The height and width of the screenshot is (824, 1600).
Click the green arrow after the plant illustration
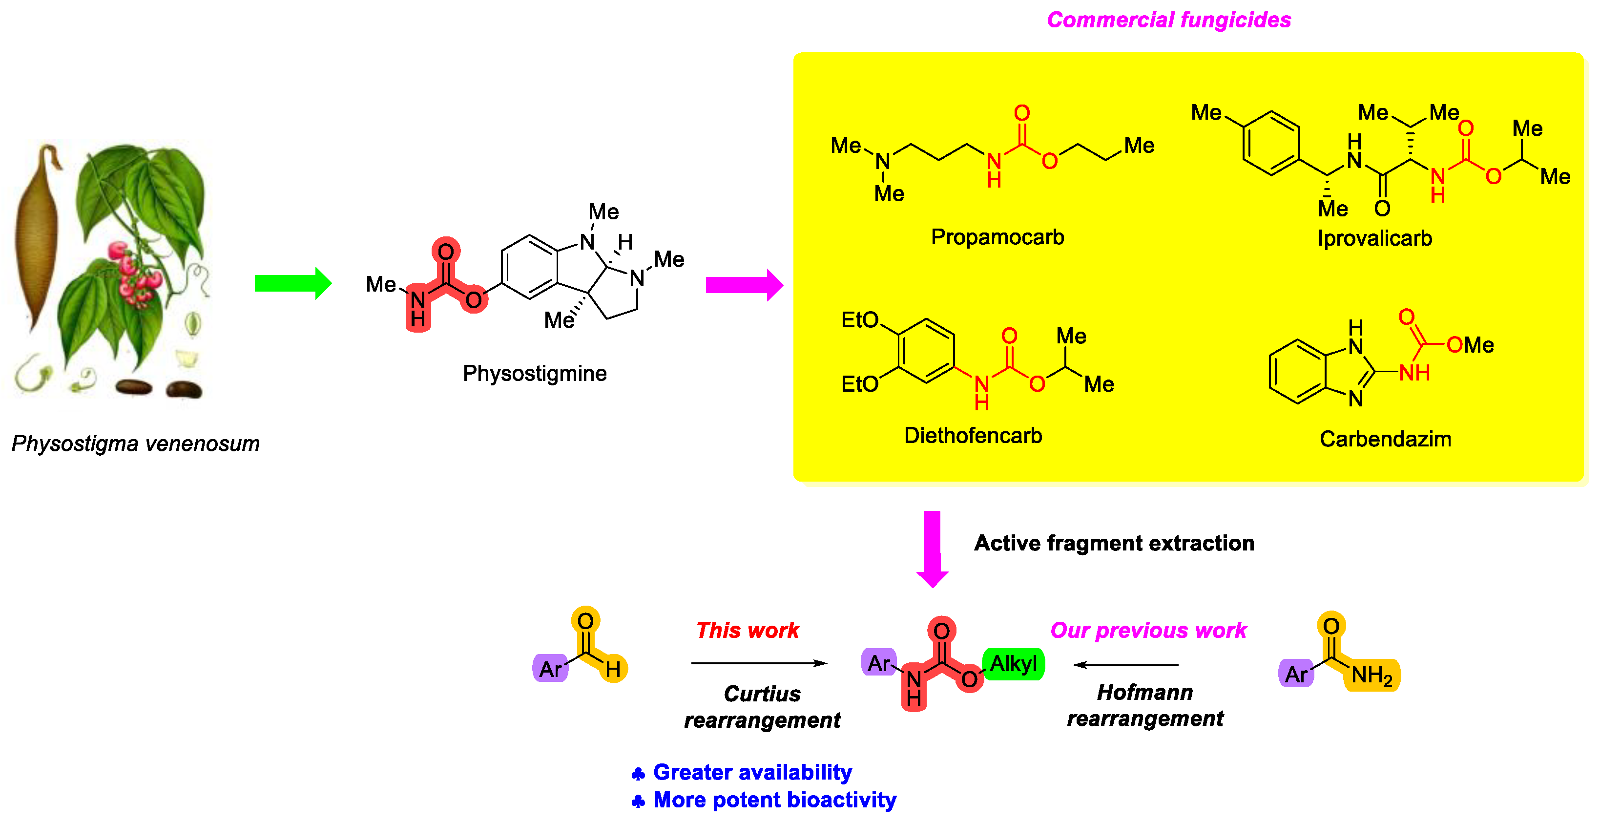coord(292,284)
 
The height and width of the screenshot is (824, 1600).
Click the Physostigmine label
coord(534,374)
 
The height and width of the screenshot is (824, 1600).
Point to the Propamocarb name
coord(997,237)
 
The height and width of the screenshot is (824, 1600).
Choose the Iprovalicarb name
coord(1374,239)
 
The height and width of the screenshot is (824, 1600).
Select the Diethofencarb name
coord(973,436)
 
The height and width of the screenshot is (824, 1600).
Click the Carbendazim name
coord(1385,439)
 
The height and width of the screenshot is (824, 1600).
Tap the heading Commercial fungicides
coord(1168,20)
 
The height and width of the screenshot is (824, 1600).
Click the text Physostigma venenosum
coord(135,444)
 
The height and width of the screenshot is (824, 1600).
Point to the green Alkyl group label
coord(1013,664)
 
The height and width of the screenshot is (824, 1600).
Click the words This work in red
coord(747,630)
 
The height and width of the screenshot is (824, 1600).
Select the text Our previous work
coord(1148,630)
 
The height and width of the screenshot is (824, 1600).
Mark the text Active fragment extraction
coord(1114,543)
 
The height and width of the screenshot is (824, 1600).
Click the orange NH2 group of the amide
coord(1372,676)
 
